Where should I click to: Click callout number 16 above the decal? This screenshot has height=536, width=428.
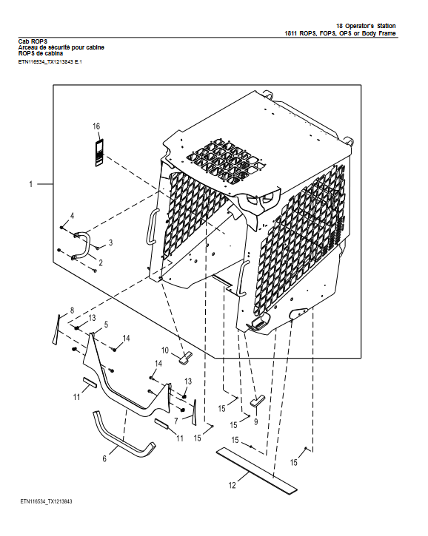tap(96, 126)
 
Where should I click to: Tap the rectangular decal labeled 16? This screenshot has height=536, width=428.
tap(98, 150)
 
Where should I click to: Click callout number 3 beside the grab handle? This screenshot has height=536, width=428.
tap(110, 242)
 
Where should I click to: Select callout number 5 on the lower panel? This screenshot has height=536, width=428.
tap(106, 325)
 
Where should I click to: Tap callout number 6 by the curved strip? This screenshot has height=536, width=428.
tap(104, 459)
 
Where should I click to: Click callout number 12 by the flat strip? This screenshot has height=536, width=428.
tap(232, 485)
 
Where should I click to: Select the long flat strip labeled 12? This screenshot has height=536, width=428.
tap(255, 470)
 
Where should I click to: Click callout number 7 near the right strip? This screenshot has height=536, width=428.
tap(175, 420)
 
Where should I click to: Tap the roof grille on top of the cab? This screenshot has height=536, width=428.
tap(223, 158)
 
